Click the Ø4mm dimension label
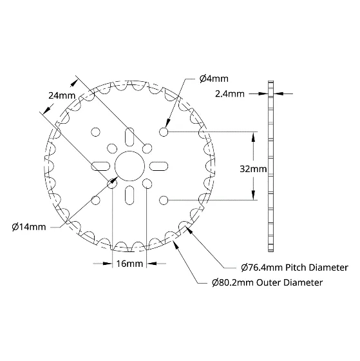pos(214,79)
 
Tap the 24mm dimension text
pos(62,95)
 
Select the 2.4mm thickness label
pos(230,94)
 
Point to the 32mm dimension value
pos(253,169)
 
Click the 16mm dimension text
pos(129,264)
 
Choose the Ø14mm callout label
pos(29,227)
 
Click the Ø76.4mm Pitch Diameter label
pos(295,268)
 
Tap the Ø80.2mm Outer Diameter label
pos(267,282)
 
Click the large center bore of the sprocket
pos(129,166)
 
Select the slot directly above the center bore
pos(129,137)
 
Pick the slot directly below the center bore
pos(129,195)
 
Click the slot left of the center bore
pos(100,166)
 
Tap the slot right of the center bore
pos(158,166)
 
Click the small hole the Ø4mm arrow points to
pos(164,132)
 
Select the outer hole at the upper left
pos(96,132)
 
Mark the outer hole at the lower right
pos(164,200)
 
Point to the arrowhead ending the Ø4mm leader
pos(168,124)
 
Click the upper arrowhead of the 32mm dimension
pos(253,137)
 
